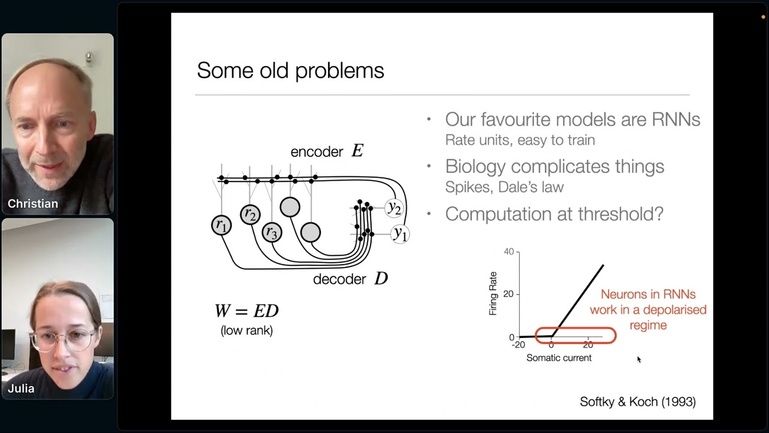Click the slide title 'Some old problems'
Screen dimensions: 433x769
coord(290,70)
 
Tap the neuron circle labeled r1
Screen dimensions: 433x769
coord(221,226)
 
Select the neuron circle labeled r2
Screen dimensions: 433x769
coord(250,215)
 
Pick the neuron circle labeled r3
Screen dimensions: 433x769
coord(272,232)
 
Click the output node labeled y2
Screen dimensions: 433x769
coord(394,207)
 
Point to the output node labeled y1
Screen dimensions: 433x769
coord(400,234)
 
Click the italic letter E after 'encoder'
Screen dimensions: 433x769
coord(357,151)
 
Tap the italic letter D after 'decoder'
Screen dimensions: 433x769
coord(381,278)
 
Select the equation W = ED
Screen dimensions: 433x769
coord(246,311)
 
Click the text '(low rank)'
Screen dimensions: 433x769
coord(246,330)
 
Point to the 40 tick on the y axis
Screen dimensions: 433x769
coord(509,251)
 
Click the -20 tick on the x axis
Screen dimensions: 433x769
coord(518,345)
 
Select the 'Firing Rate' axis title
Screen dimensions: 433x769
coord(493,293)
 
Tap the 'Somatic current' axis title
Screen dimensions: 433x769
coord(559,358)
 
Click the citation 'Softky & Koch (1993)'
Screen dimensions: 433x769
coord(637,402)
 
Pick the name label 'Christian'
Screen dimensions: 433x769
coord(33,204)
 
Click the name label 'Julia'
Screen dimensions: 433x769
coord(21,388)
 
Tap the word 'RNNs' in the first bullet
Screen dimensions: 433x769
coord(676,119)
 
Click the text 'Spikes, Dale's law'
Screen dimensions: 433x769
coord(504,187)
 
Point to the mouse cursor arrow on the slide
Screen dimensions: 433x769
coord(639,360)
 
